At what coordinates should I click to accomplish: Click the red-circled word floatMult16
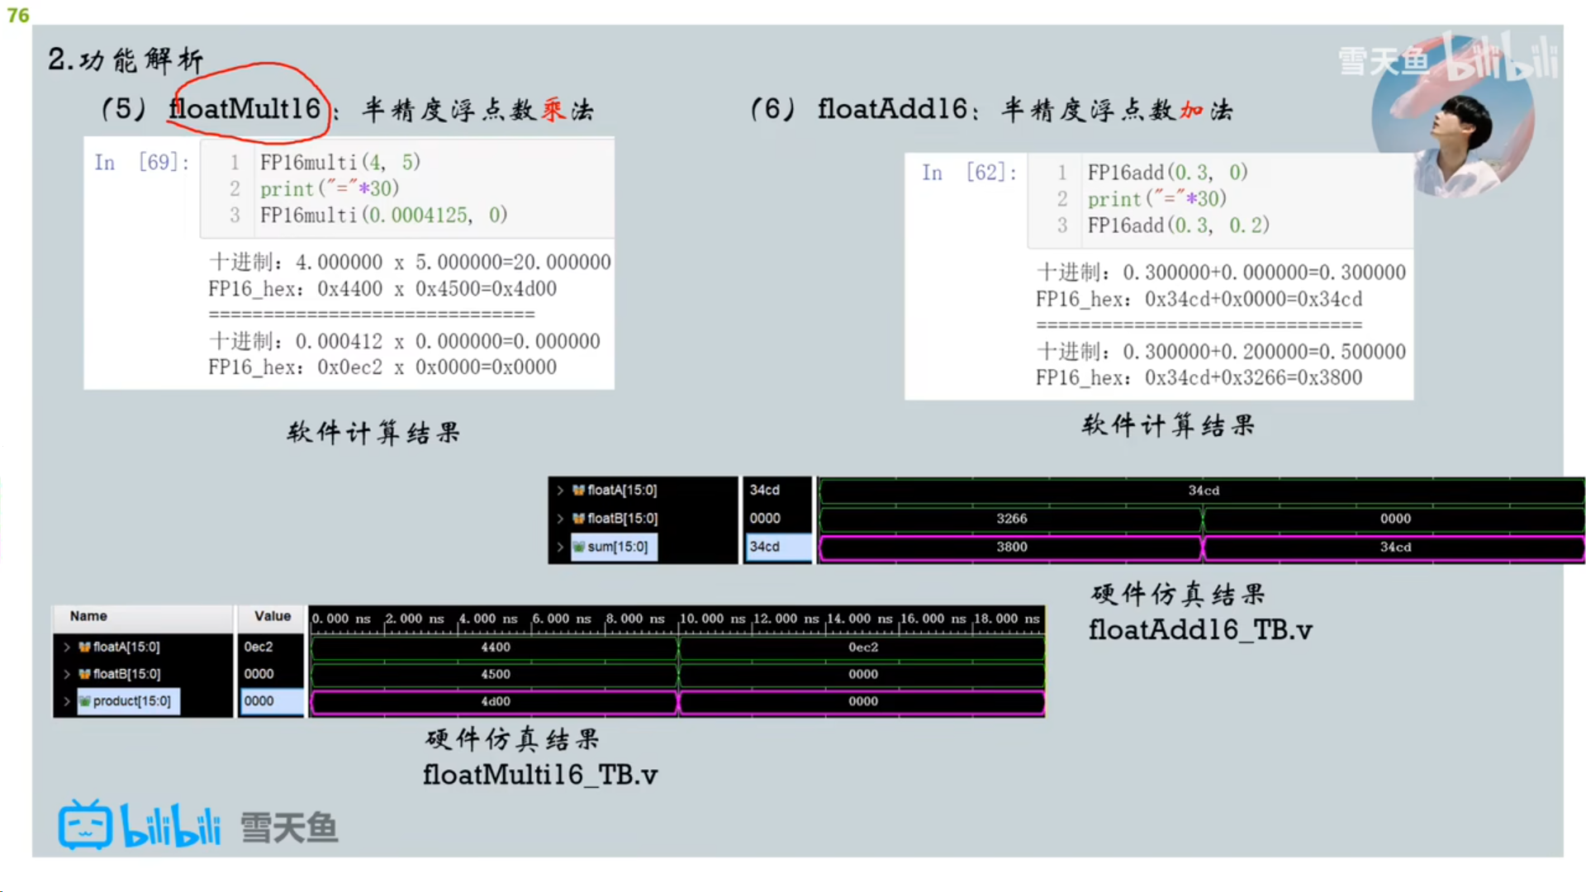click(245, 108)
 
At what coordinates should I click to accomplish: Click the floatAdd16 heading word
click(892, 108)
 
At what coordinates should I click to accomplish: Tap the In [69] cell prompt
click(141, 162)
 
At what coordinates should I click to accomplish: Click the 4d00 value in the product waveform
click(496, 701)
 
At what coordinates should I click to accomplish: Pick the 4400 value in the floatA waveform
click(496, 647)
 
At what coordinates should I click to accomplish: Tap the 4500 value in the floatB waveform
click(496, 674)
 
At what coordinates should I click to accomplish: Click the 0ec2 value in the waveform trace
click(863, 647)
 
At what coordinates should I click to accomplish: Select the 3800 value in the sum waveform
click(1011, 547)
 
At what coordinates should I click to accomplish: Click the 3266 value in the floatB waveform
click(1011, 518)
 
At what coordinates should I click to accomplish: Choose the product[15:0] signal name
click(131, 701)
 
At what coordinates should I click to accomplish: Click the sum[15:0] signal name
click(617, 547)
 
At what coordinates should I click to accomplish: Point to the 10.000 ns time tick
click(712, 619)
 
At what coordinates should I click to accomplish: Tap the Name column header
click(88, 616)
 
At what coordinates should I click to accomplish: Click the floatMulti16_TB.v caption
click(540, 775)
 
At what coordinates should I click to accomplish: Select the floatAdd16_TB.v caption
click(1200, 630)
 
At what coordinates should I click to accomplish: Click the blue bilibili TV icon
click(85, 825)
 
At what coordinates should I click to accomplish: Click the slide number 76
click(18, 15)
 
